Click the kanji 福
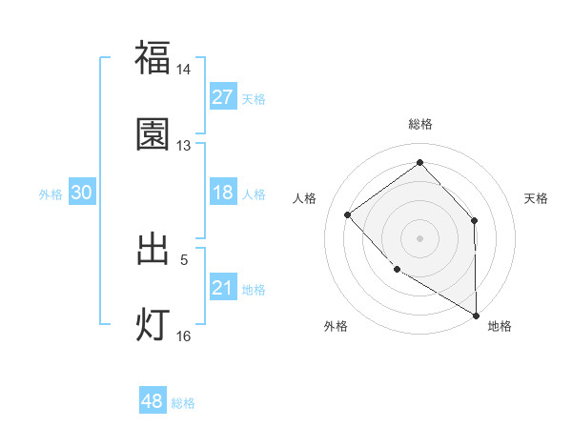point(153,58)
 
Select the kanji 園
point(153,134)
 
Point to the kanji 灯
point(153,325)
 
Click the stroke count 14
point(184,70)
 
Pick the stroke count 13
point(184,146)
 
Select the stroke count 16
point(184,336)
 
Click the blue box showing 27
point(222,97)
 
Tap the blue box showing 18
point(222,193)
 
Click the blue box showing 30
point(82,193)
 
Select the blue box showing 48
point(153,401)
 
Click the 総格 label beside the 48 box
point(183,403)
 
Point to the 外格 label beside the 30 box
point(51,193)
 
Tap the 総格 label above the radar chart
point(419,125)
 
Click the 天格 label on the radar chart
point(536,198)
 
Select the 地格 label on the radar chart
point(500,326)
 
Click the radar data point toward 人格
point(348,214)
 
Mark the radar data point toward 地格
point(476,315)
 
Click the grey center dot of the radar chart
point(419,237)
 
